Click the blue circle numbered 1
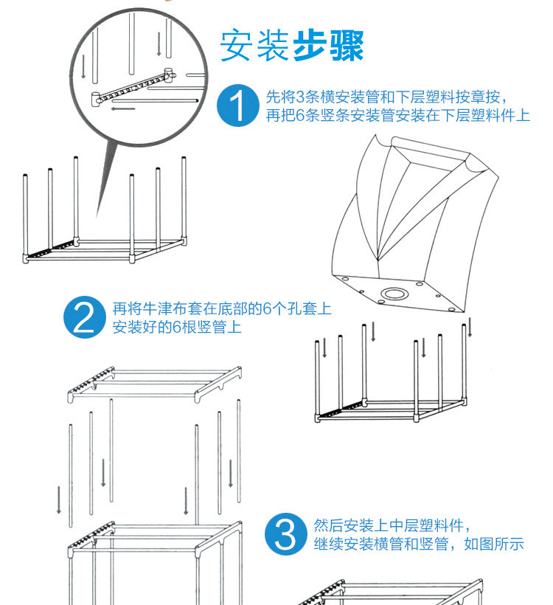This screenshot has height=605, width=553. point(239,106)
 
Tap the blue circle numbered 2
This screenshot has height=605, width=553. point(85,317)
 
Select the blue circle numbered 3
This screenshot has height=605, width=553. point(285,535)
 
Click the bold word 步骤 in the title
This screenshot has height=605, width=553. point(329,46)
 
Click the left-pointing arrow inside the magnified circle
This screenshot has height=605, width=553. point(123,109)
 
